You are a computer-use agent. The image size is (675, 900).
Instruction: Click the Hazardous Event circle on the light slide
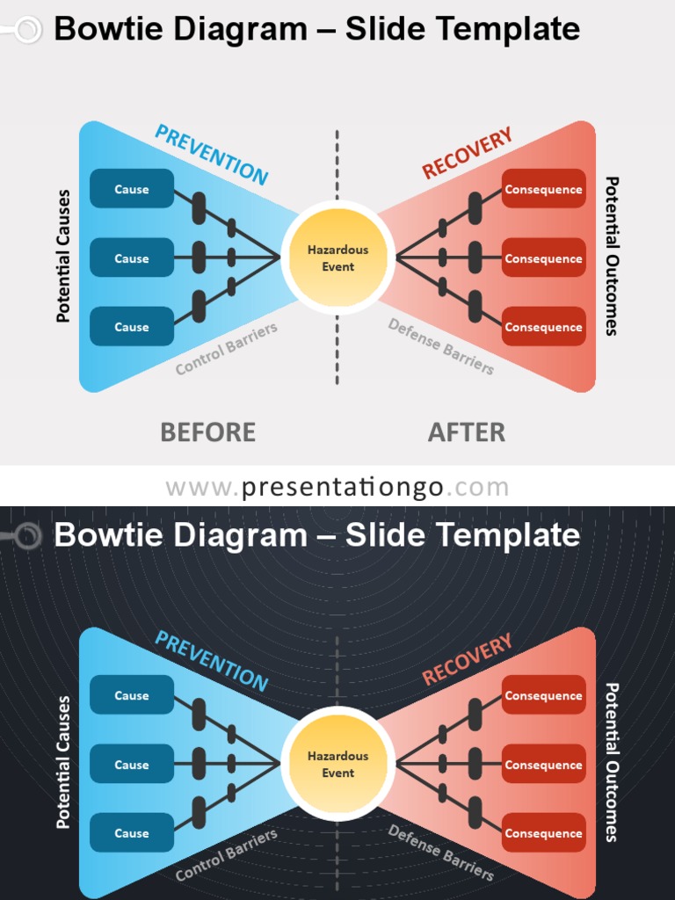point(337,258)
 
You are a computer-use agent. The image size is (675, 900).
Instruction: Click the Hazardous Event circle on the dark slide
point(337,764)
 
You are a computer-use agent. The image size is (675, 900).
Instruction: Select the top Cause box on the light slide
point(132,189)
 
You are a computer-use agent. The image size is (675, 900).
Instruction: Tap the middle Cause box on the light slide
point(132,258)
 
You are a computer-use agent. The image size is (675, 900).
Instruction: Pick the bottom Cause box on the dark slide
point(132,833)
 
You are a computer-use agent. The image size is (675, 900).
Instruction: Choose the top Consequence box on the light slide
point(543,189)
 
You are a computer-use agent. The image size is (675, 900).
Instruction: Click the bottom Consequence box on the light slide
point(543,327)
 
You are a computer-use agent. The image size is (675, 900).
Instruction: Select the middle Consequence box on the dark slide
point(543,765)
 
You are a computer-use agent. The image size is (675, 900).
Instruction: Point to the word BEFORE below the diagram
point(207,432)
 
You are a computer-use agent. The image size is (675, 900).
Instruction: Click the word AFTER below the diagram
point(466,432)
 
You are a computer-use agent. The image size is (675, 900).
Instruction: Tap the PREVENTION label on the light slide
point(211,155)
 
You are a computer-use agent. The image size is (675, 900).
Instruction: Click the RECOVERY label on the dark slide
point(467,660)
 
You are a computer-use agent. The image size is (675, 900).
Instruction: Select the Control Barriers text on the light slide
point(226,349)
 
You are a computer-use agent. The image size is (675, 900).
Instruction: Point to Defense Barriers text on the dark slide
point(440,852)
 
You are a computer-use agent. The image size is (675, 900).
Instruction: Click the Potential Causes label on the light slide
point(63,256)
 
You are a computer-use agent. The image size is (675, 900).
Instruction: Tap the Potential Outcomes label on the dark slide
point(612,762)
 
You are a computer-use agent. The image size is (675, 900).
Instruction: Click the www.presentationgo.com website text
point(337,487)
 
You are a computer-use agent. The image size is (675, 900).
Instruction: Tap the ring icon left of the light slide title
point(28,31)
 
